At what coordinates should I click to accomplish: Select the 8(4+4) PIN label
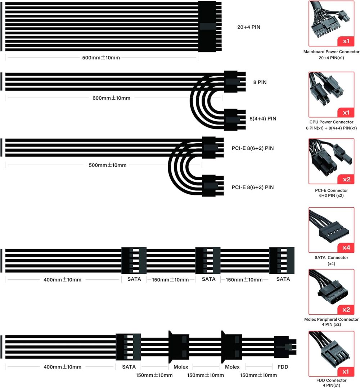pyautogui.click(x=263, y=118)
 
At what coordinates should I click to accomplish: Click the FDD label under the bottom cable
pyautogui.click(x=283, y=367)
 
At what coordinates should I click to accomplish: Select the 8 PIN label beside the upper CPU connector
pyautogui.click(x=260, y=82)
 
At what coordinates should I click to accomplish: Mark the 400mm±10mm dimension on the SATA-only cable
pyautogui.click(x=62, y=280)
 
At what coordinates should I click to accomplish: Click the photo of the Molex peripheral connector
pyautogui.click(x=331, y=292)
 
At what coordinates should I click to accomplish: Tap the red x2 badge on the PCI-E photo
pyautogui.click(x=346, y=179)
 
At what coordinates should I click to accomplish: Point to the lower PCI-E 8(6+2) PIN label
pyautogui.click(x=253, y=187)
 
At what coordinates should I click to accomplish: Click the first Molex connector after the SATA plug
pyautogui.click(x=179, y=347)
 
